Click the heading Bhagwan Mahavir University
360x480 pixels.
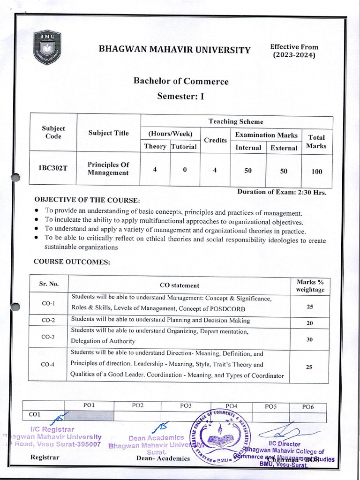(x=174, y=50)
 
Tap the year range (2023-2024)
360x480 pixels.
(x=294, y=55)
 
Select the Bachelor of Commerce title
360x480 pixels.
(x=181, y=81)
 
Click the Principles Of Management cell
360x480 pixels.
(x=108, y=169)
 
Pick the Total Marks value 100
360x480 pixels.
(x=316, y=172)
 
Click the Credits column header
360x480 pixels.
(x=215, y=140)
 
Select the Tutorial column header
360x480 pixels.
(x=184, y=147)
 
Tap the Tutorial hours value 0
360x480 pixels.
(x=185, y=170)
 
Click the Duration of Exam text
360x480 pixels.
(x=281, y=192)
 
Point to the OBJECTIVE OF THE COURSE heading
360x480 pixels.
(x=87, y=200)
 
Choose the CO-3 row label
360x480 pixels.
(x=48, y=337)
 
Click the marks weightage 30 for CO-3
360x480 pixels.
(x=309, y=339)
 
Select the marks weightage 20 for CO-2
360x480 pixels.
(x=309, y=323)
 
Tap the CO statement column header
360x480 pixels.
(x=179, y=285)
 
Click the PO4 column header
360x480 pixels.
(x=231, y=406)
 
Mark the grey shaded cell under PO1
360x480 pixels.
(x=89, y=415)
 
